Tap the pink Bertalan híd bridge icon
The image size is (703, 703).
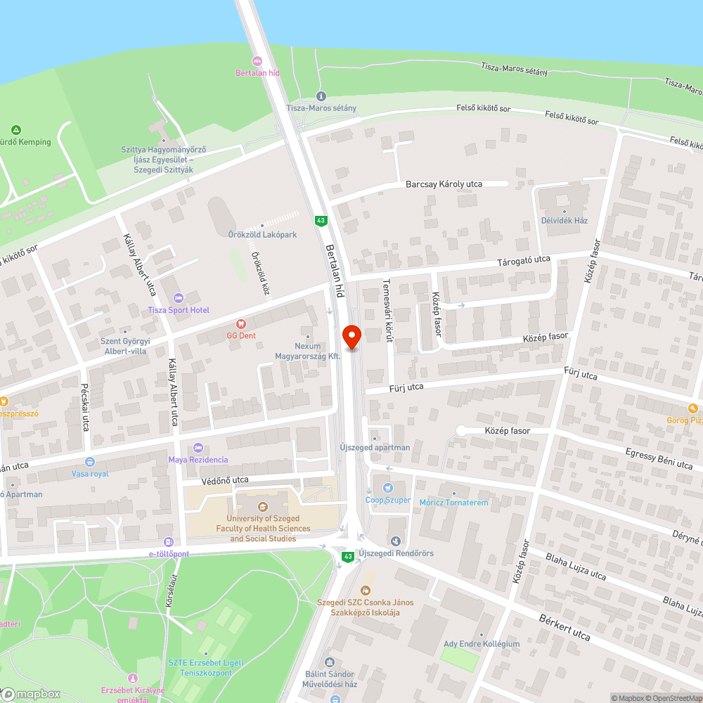tap(257, 62)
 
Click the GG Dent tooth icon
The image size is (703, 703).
tap(240, 324)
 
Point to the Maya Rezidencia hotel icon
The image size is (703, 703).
tap(198, 448)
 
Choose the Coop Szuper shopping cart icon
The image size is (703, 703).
tap(387, 488)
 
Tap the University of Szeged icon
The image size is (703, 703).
tap(263, 507)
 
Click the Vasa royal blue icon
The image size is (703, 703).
tap(90, 462)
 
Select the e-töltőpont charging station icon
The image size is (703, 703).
tap(169, 542)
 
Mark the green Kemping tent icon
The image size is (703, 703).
tap(16, 130)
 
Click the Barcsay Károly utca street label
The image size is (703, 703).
tap(444, 184)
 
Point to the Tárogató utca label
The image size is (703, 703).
tap(524, 260)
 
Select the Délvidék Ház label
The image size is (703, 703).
tap(564, 220)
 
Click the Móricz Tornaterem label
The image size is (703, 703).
tap(453, 503)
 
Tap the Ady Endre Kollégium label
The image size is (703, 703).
tap(482, 644)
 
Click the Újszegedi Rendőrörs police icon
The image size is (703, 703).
tap(395, 541)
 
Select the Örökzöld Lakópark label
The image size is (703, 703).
tap(262, 234)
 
